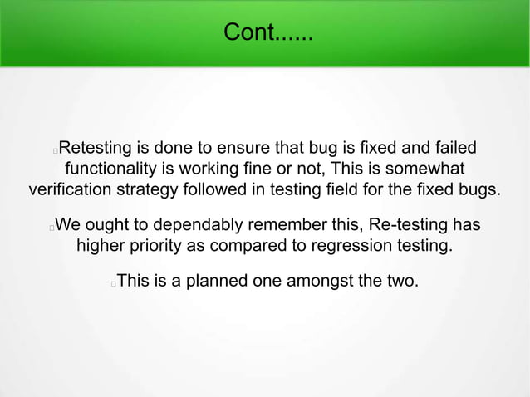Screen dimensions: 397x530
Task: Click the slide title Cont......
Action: (x=267, y=34)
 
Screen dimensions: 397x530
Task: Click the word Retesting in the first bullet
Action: (x=97, y=149)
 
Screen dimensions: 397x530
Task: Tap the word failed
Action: (x=453, y=149)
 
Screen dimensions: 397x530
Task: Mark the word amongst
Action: (x=321, y=281)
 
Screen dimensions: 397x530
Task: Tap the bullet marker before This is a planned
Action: (x=113, y=282)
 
